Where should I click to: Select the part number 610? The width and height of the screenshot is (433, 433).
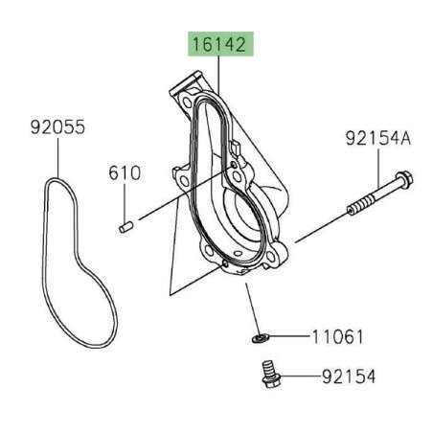coord(125,173)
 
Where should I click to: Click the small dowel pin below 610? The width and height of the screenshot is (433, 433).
coord(125,228)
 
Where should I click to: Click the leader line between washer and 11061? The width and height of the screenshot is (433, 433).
coord(287,337)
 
